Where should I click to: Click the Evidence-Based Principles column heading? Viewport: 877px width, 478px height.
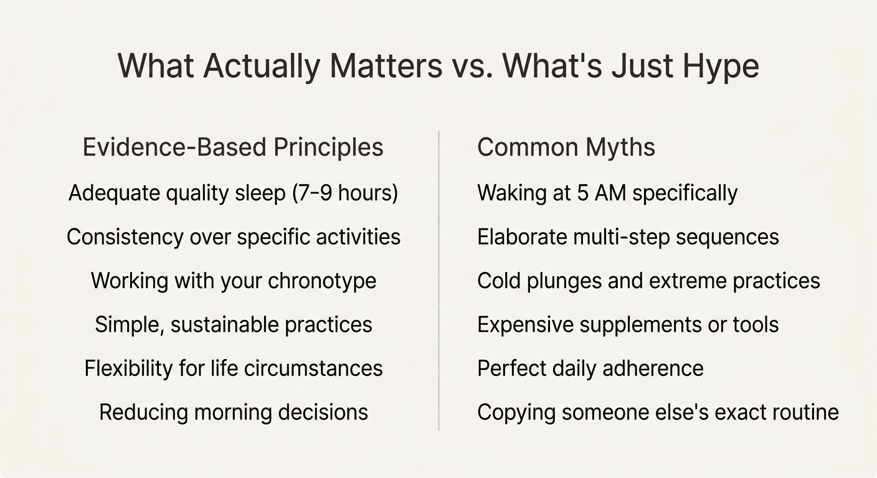click(233, 148)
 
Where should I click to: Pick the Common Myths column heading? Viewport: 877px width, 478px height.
click(566, 148)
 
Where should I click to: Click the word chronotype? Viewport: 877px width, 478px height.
click(321, 281)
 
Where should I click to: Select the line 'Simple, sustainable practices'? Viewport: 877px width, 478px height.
click(233, 324)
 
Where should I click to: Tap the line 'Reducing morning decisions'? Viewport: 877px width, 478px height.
click(233, 412)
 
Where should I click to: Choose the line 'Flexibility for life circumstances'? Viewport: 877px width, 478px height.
click(233, 368)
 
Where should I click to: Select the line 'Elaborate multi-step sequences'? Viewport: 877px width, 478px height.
click(628, 237)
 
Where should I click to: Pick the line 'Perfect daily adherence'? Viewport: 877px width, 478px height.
click(590, 368)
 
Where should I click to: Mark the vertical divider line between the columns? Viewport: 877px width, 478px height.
click(439, 280)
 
